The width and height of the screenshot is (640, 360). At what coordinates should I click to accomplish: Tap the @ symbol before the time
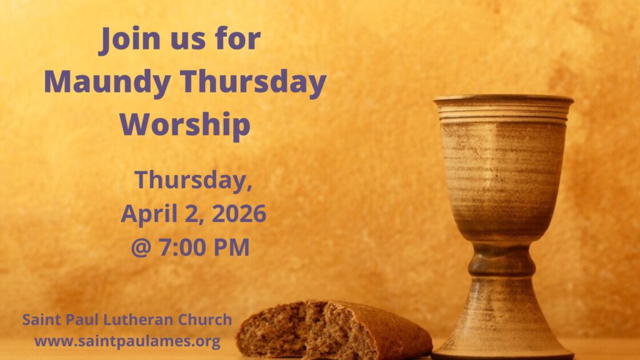click(x=141, y=247)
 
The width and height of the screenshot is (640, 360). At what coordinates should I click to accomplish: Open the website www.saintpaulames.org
click(x=127, y=341)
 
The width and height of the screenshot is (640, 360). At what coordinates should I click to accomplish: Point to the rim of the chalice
click(x=503, y=99)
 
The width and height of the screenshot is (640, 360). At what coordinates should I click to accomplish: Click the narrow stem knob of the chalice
click(x=502, y=261)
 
